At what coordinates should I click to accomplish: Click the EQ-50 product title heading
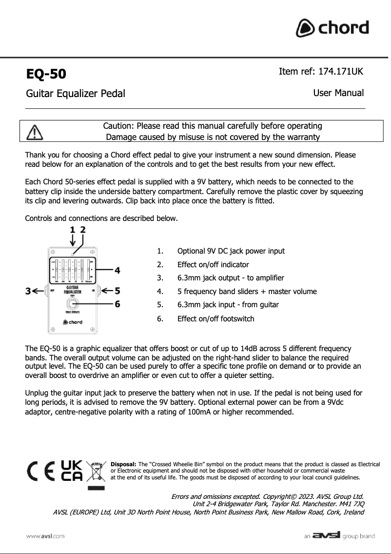[x=46, y=74]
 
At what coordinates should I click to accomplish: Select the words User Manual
[x=338, y=93]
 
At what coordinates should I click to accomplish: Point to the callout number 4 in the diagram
[x=117, y=270]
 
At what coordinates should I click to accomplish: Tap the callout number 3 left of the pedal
[x=28, y=291]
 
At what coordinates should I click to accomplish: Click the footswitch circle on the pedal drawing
[x=73, y=305]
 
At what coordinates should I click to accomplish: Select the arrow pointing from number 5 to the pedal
[x=105, y=291]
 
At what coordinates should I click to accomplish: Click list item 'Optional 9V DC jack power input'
[x=231, y=251]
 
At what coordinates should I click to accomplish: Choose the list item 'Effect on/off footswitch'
[x=215, y=319]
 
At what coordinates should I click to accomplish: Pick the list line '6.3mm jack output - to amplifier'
[x=231, y=278]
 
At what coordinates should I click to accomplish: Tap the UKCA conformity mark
[x=71, y=470]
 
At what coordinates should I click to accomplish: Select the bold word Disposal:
[x=124, y=464]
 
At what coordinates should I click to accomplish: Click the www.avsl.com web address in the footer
[x=46, y=536]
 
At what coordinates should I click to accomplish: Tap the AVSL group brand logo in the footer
[x=339, y=536]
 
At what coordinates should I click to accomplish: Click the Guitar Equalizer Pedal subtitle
[x=76, y=93]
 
